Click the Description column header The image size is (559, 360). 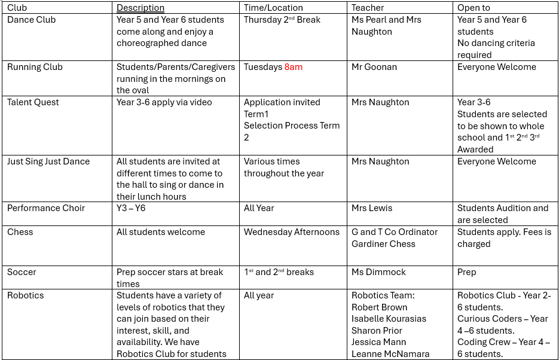[140, 8]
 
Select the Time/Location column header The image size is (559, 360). [273, 8]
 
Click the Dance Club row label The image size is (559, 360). [31, 20]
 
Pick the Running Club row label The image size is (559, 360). [35, 67]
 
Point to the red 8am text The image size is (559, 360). [294, 67]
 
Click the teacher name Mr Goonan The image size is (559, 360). [374, 67]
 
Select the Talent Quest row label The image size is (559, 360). [33, 102]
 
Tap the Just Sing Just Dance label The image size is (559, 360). [48, 161]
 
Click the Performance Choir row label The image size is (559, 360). [46, 208]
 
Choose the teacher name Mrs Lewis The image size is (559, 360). [372, 208]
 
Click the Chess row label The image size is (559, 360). [20, 232]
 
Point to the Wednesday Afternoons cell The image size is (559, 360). [292, 232]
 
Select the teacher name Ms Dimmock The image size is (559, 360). [378, 272]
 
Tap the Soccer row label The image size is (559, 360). [22, 272]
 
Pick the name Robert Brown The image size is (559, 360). [379, 307]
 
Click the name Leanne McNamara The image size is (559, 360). [390, 354]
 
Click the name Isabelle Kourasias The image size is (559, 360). [389, 319]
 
